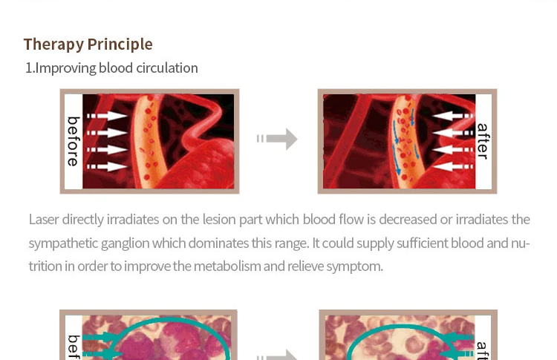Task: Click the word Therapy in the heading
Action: (x=53, y=45)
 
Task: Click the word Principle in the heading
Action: (x=120, y=45)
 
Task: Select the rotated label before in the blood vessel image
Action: (x=74, y=141)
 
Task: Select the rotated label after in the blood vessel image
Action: (x=483, y=141)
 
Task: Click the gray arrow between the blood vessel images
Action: (x=277, y=139)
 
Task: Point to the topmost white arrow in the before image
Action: (x=107, y=116)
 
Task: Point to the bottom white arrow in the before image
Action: (x=107, y=166)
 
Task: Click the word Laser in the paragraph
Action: (x=44, y=220)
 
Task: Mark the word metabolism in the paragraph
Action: (x=227, y=266)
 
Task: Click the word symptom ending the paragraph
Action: (x=354, y=266)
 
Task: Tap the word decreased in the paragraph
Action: (x=408, y=220)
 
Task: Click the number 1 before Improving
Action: (x=28, y=68)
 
